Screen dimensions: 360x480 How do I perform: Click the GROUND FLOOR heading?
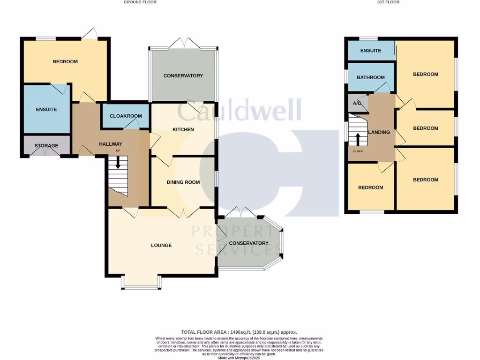(x=140, y=2)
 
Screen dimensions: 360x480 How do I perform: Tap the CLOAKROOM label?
(x=125, y=116)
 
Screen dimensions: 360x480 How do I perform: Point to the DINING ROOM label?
(x=183, y=182)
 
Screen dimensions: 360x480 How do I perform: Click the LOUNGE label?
(x=161, y=245)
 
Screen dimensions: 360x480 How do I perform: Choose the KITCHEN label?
(x=183, y=129)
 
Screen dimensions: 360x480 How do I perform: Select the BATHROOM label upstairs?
(x=371, y=78)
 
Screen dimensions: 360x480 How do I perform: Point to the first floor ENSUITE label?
(x=371, y=51)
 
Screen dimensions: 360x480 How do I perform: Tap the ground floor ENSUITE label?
(x=46, y=110)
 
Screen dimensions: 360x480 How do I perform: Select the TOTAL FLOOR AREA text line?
(x=239, y=332)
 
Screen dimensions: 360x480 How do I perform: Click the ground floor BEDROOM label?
(x=65, y=62)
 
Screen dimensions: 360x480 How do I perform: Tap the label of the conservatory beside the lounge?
(x=248, y=243)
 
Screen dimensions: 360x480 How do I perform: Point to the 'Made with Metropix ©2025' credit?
(x=239, y=358)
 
